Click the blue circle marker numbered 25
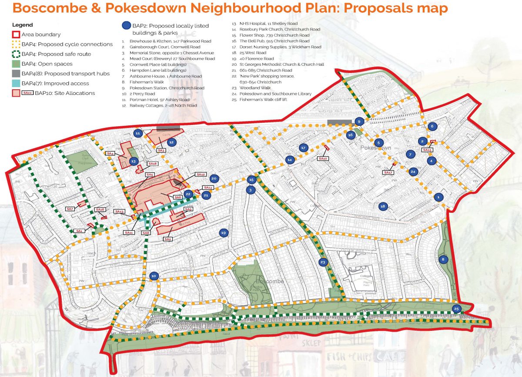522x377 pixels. tap(456, 309)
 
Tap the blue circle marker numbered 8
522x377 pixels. tap(443, 259)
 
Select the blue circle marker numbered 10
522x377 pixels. tap(153, 276)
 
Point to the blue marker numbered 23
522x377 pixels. tap(322, 262)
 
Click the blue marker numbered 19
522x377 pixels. tap(224, 233)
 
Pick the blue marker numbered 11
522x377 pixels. tap(137, 133)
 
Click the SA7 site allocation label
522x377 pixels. tap(70, 209)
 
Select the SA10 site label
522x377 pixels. tap(322, 158)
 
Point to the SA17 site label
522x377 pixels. tap(388, 172)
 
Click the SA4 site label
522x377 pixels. tap(110, 154)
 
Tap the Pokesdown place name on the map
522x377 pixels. tap(375, 148)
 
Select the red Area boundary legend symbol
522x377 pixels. tap(17, 34)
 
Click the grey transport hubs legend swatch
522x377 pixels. tap(17, 74)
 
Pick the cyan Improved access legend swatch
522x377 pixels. tap(17, 83)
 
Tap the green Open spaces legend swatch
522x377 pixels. tap(17, 64)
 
